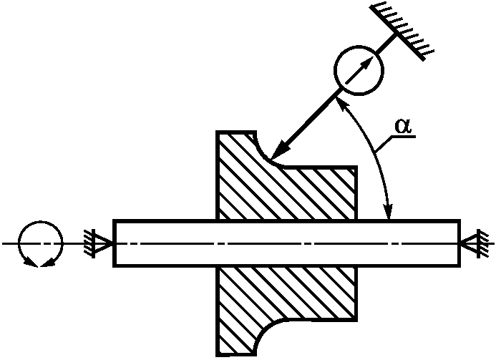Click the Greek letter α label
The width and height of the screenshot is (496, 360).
click(x=403, y=125)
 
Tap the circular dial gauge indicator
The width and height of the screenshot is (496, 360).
click(x=359, y=70)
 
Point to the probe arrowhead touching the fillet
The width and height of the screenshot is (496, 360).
click(x=281, y=148)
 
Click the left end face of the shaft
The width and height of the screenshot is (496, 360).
click(x=115, y=243)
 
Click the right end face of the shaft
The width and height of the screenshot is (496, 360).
click(x=458, y=243)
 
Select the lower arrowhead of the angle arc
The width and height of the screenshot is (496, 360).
click(x=389, y=212)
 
